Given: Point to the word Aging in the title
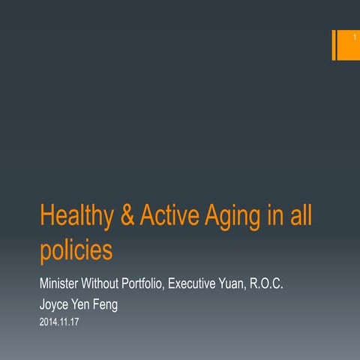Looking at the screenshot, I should (x=233, y=218).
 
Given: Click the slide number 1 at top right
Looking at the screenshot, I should (x=346, y=37).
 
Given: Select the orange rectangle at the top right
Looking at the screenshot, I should (x=346, y=46).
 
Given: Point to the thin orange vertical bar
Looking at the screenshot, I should (x=333, y=46).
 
